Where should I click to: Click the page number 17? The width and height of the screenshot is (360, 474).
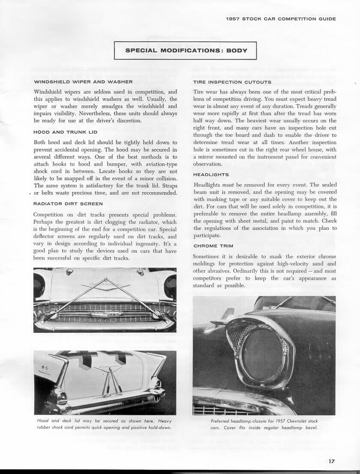(332, 462)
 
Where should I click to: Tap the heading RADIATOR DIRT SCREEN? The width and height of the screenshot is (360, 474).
(68, 204)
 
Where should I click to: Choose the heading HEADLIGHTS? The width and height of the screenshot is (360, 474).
(211, 175)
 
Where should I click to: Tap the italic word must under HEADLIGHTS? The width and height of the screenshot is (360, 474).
(235, 184)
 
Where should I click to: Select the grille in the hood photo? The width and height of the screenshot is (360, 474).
(105, 313)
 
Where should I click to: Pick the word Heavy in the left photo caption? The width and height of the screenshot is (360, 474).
(163, 421)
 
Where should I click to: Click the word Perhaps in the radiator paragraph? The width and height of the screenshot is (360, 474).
(44, 222)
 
